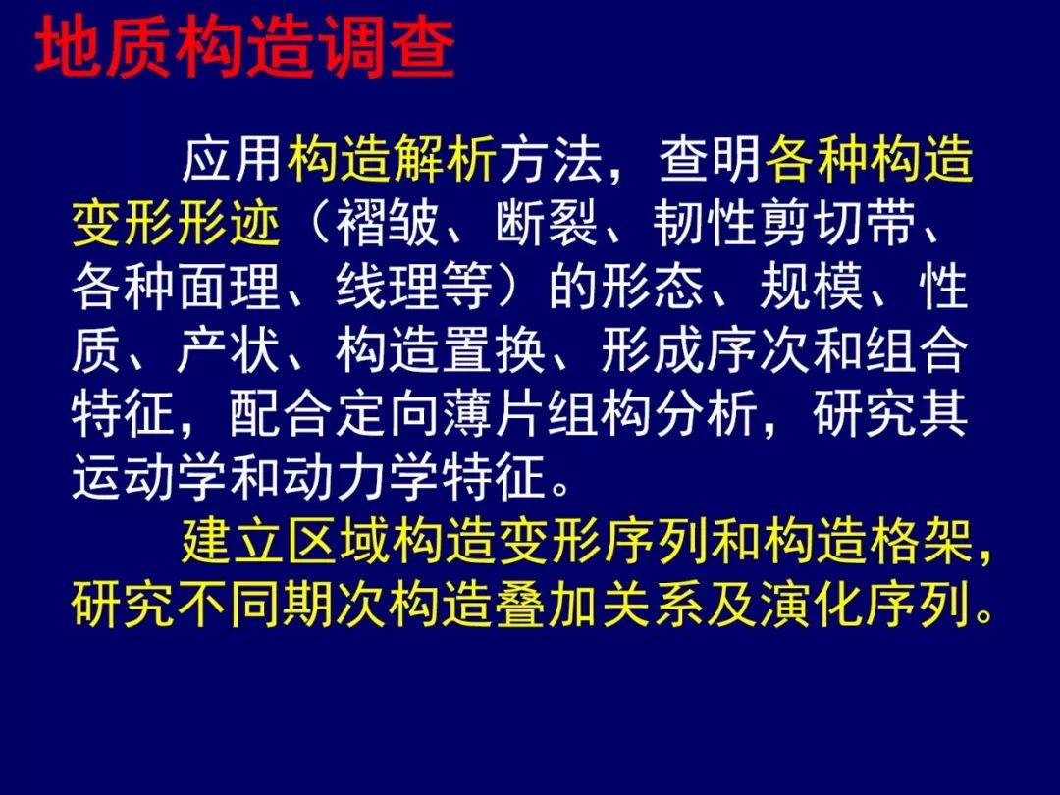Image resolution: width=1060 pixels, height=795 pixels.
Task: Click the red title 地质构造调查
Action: (x=244, y=47)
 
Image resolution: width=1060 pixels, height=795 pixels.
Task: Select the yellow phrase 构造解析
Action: (x=392, y=160)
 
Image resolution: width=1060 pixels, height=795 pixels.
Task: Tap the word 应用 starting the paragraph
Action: (x=233, y=160)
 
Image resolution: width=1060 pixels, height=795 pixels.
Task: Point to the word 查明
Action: (x=711, y=160)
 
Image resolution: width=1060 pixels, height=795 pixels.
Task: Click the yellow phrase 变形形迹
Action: (x=176, y=223)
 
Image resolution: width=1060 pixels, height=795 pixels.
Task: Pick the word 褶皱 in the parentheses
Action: (x=388, y=223)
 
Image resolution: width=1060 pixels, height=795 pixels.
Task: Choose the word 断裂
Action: (x=547, y=223)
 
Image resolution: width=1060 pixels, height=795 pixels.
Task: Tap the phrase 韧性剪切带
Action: (x=785, y=223)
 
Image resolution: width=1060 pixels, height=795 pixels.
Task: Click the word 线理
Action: (x=388, y=287)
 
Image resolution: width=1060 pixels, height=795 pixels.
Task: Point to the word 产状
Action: (x=229, y=350)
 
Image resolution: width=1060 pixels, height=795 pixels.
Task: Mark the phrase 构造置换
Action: (x=441, y=350)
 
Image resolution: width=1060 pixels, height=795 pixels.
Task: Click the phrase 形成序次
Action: (x=705, y=350)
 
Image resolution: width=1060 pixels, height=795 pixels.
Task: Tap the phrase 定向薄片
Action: (x=441, y=414)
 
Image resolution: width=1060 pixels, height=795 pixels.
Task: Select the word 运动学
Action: (x=149, y=477)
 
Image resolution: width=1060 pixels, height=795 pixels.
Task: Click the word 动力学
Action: (x=361, y=477)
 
